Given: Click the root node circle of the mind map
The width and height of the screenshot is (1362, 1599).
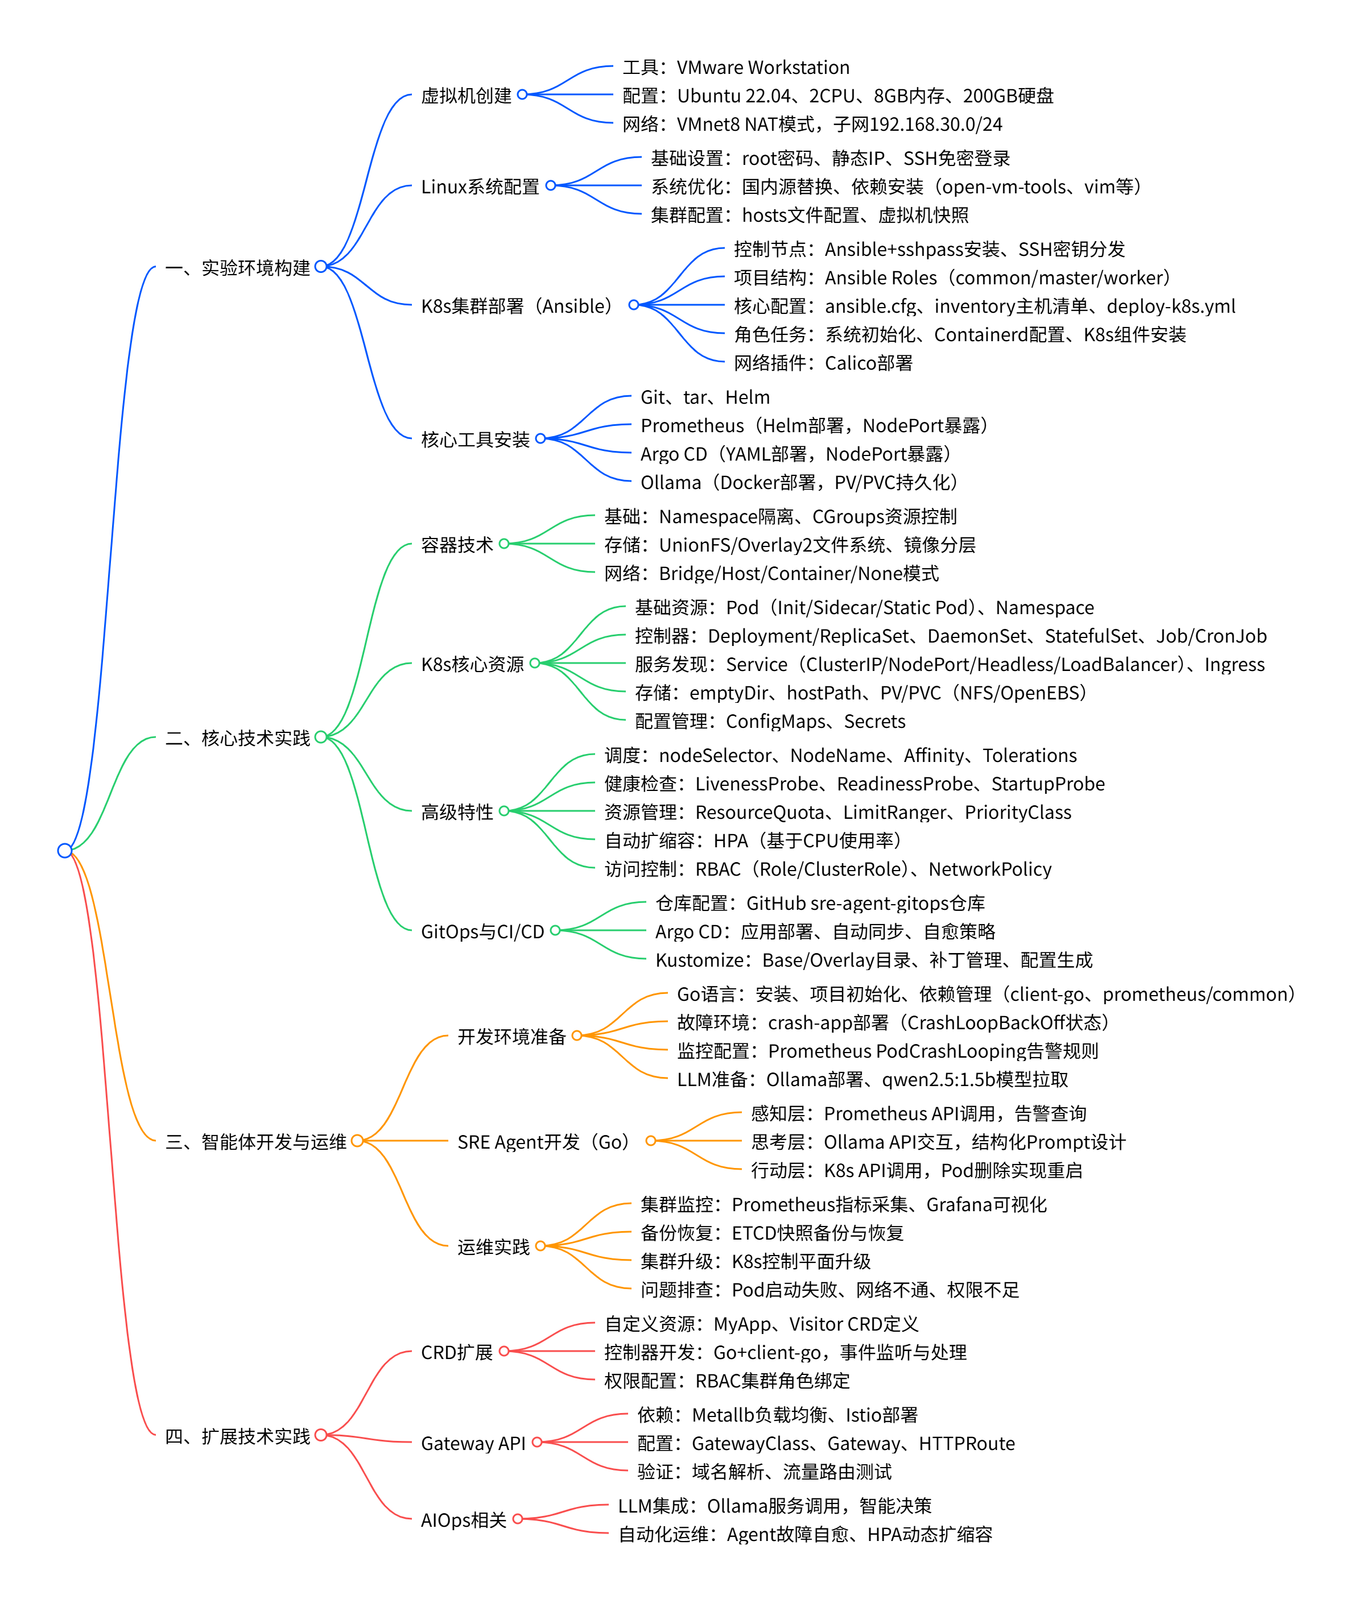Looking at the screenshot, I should [x=65, y=851].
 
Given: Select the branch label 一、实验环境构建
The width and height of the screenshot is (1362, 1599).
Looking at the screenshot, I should [x=237, y=268].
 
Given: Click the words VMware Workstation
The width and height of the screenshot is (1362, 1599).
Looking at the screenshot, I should [x=763, y=68].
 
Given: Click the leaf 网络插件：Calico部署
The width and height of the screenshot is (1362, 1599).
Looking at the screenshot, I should [x=823, y=363].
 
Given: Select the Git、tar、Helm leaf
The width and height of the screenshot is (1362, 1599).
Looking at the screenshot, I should [x=705, y=397].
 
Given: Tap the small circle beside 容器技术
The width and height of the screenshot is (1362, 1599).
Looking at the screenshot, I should [x=504, y=544].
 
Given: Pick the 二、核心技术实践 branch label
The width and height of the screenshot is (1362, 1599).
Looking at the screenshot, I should [x=237, y=739].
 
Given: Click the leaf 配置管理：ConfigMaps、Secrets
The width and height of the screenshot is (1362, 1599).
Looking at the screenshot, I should [x=770, y=722].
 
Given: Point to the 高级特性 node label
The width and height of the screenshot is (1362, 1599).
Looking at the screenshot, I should [x=456, y=812].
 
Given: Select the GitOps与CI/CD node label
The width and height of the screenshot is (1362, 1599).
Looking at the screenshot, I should [x=482, y=931].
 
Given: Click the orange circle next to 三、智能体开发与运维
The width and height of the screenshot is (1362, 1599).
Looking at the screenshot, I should [x=357, y=1141].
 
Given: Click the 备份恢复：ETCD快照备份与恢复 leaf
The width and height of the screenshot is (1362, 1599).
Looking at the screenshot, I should [x=772, y=1233].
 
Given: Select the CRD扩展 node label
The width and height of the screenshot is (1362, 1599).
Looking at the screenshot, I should [x=456, y=1352].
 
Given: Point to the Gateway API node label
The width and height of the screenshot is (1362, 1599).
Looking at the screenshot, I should [x=473, y=1443].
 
